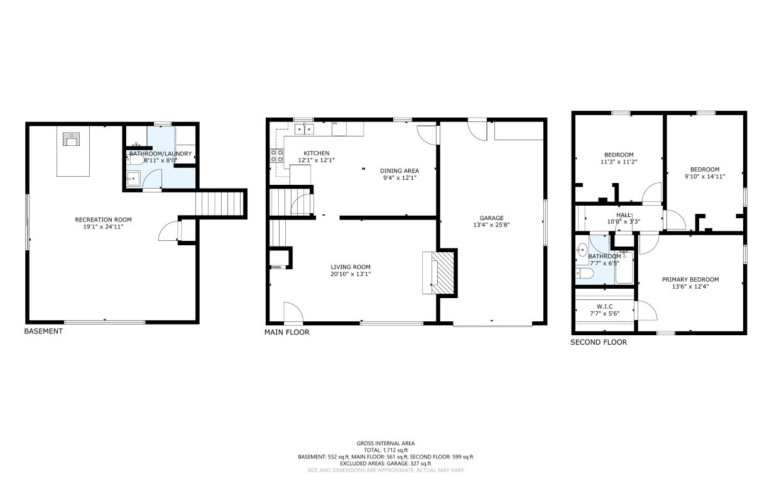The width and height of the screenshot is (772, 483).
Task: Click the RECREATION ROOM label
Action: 104,219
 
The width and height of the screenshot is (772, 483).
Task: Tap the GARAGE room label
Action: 491,218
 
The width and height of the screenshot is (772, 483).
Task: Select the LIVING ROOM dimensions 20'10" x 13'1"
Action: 351,274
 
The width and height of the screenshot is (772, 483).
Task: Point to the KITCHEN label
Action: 317,153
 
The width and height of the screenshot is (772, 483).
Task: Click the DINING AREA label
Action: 400,171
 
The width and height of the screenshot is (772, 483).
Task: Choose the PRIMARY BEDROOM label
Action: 690,279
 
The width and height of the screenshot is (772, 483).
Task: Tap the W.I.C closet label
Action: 605,306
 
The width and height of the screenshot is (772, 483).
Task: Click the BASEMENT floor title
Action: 43,331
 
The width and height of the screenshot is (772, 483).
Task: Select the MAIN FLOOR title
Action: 286,332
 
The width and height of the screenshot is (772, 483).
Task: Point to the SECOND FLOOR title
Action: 599,342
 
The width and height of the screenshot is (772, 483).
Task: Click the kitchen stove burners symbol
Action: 277,155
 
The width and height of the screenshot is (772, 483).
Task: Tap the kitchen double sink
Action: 304,129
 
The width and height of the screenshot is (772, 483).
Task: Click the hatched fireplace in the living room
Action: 443,273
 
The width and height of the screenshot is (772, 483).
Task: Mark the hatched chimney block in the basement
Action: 72,140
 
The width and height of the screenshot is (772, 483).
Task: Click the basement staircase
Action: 219,204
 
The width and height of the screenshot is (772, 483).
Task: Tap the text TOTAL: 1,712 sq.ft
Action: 386,450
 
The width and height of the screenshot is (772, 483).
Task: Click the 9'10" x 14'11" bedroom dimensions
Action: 705,177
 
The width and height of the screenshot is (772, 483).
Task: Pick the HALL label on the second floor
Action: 624,215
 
